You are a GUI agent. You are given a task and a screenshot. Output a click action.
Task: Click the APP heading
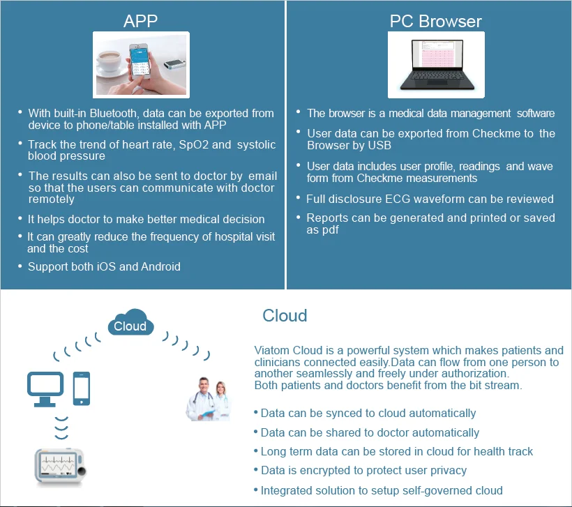click(x=140, y=21)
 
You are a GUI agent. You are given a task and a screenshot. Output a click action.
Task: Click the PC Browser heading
click(x=435, y=21)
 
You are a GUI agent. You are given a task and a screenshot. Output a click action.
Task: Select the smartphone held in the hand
click(x=140, y=61)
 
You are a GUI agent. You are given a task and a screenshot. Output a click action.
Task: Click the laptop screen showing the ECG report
click(x=437, y=54)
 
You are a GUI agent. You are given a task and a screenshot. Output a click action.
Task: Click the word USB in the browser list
click(x=379, y=145)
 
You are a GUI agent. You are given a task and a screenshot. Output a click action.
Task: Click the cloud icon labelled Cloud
click(x=130, y=322)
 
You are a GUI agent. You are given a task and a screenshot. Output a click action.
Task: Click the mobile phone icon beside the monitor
click(x=82, y=388)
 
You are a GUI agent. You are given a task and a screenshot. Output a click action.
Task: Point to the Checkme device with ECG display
click(x=61, y=467)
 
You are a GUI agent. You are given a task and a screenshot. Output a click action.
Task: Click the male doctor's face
click(x=204, y=386)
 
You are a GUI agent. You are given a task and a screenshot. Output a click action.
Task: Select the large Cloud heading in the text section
click(x=285, y=316)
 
